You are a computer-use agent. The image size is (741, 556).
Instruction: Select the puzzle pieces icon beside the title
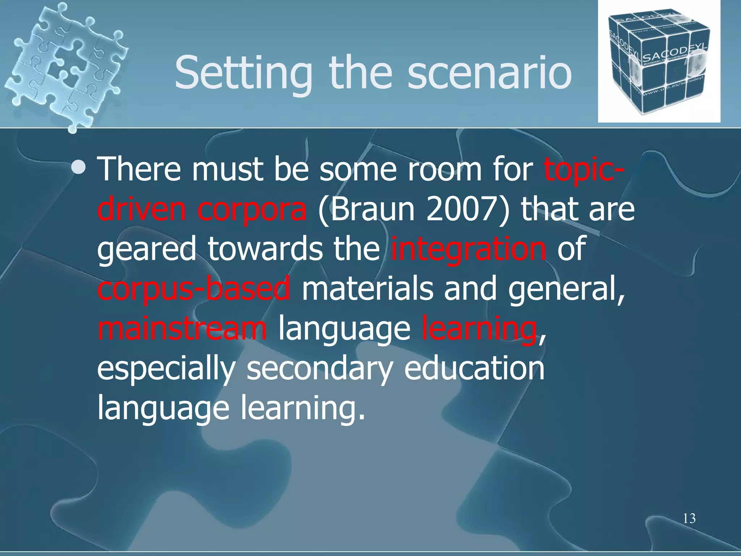click(x=67, y=65)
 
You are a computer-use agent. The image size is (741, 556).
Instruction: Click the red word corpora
click(x=252, y=209)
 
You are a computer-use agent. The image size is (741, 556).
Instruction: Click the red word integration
click(x=468, y=249)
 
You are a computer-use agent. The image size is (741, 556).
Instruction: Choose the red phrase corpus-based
click(x=194, y=289)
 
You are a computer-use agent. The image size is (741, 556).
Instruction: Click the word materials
click(x=367, y=289)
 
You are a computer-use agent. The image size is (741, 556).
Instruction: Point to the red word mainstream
click(x=182, y=329)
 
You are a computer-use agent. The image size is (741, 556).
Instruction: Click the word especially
click(x=166, y=369)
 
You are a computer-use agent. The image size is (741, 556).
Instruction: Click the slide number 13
click(x=689, y=519)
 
